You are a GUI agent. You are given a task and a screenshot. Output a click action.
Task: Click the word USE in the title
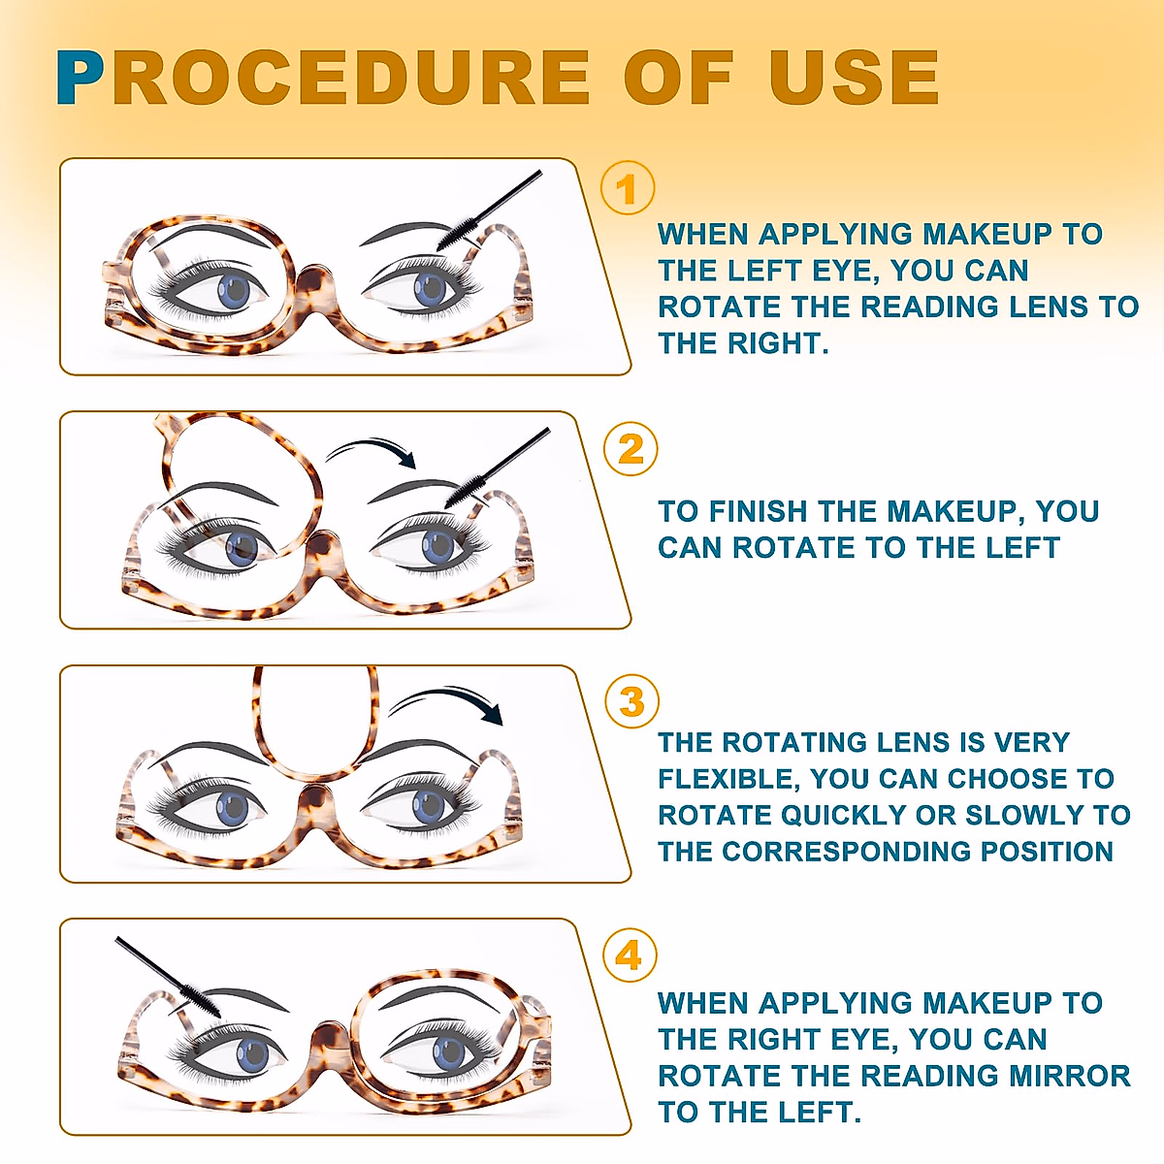pyautogui.click(x=854, y=78)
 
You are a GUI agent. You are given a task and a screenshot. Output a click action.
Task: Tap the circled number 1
pyautogui.click(x=628, y=188)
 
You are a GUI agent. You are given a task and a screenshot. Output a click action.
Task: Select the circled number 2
pyautogui.click(x=630, y=449)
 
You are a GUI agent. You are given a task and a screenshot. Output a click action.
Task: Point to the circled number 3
pyautogui.click(x=631, y=701)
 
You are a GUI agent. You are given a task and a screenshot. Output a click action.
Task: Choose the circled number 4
pyautogui.click(x=630, y=955)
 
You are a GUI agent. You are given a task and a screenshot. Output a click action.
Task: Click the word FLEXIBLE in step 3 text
pyautogui.click(x=728, y=779)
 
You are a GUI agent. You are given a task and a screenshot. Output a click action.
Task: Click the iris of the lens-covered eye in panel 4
pyautogui.click(x=449, y=1051)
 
